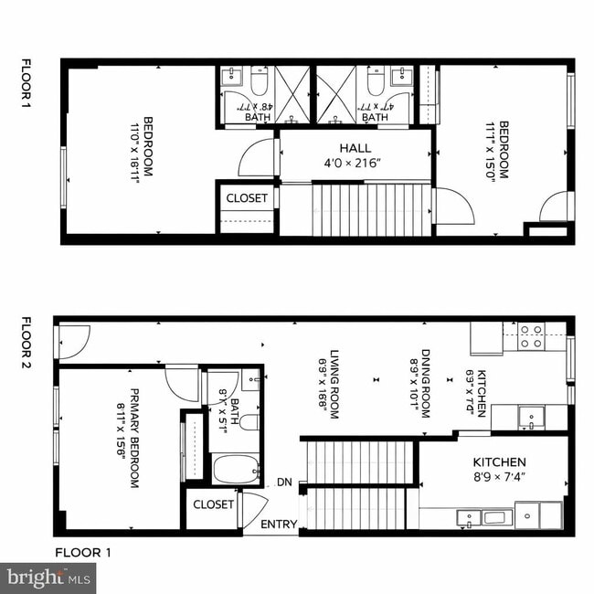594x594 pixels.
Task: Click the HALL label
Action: (x=355, y=148)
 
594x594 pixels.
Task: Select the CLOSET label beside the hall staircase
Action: (x=247, y=198)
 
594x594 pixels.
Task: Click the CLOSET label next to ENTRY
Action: (x=214, y=504)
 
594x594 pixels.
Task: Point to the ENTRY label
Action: (x=279, y=525)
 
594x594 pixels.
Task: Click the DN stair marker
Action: (x=284, y=483)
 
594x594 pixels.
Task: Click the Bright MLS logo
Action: (x=48, y=578)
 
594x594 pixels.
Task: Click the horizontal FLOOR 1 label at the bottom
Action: (x=82, y=552)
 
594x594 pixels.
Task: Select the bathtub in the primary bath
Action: (x=236, y=469)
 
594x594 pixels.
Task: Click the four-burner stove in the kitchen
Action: (x=531, y=336)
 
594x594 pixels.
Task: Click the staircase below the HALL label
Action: (x=370, y=209)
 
